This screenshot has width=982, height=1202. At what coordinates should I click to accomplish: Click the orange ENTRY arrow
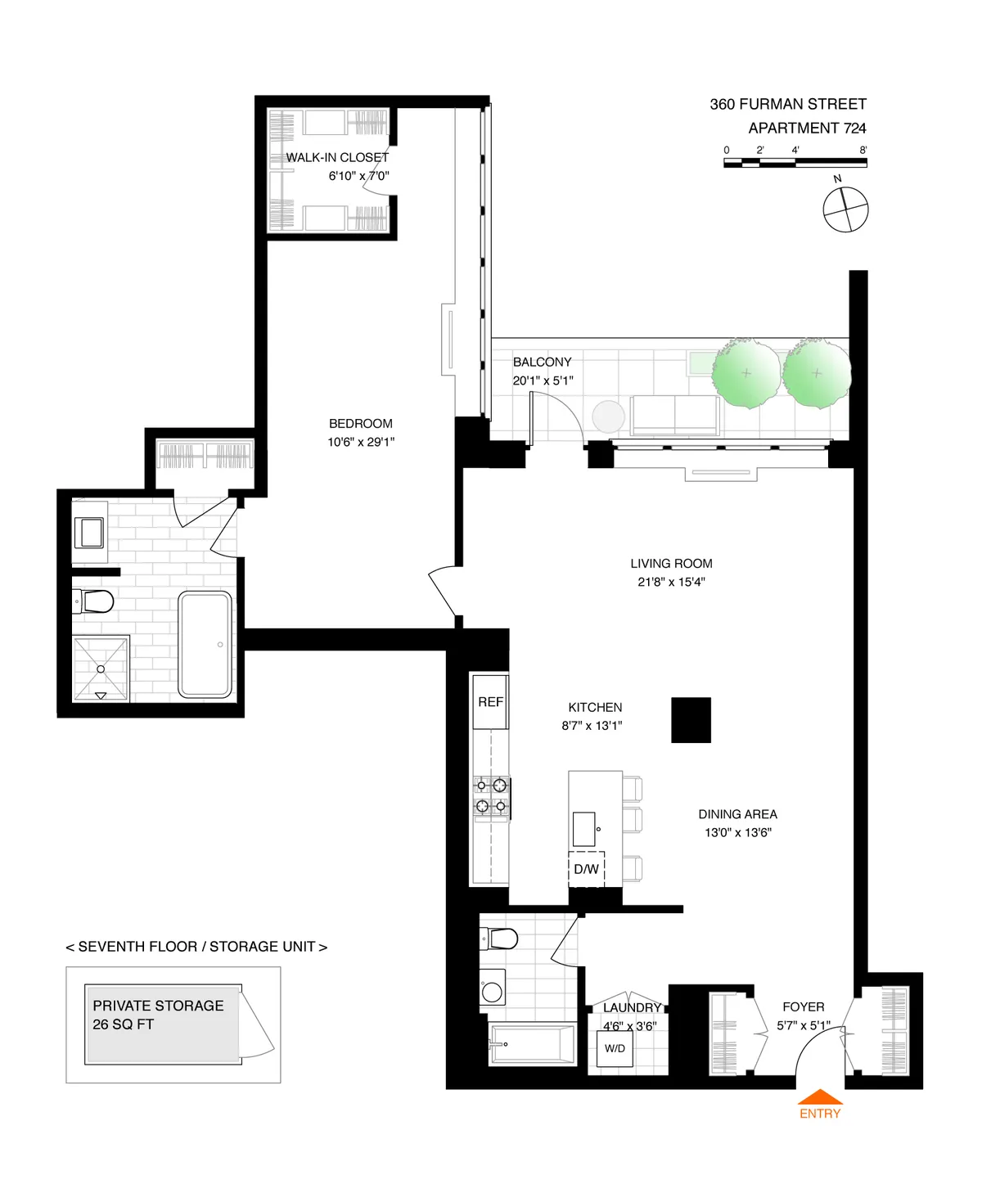click(x=819, y=1097)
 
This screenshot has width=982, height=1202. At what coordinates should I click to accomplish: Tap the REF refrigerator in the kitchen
click(x=490, y=701)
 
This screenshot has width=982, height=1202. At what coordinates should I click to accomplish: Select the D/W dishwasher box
click(x=586, y=869)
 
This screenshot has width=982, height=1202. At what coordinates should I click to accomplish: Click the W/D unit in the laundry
click(x=615, y=1049)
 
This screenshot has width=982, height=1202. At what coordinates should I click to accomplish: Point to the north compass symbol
click(x=845, y=209)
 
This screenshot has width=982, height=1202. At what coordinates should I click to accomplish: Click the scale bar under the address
click(x=795, y=163)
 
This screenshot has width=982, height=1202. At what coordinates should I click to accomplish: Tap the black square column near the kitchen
click(x=691, y=720)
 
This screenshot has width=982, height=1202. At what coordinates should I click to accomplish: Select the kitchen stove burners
click(x=492, y=796)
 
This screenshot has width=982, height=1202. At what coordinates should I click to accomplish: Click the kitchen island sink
click(x=583, y=829)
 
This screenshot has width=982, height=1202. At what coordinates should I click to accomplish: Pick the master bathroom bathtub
click(x=205, y=644)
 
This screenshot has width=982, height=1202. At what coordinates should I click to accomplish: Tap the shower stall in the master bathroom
click(x=101, y=669)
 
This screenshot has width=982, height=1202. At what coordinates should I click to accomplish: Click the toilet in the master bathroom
click(x=93, y=602)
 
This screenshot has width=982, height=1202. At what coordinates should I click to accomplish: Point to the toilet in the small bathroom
click(x=500, y=938)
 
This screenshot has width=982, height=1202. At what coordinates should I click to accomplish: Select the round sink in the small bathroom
click(x=493, y=992)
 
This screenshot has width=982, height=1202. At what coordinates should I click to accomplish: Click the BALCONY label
click(x=542, y=362)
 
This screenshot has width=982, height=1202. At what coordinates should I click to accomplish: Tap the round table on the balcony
click(x=608, y=416)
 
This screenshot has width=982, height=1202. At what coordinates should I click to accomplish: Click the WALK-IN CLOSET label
click(x=337, y=157)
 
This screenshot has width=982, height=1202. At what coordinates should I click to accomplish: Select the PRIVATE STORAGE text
click(x=158, y=1006)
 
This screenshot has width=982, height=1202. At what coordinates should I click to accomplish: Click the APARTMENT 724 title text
click(x=806, y=128)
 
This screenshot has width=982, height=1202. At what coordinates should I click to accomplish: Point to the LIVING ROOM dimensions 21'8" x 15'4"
click(x=671, y=582)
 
